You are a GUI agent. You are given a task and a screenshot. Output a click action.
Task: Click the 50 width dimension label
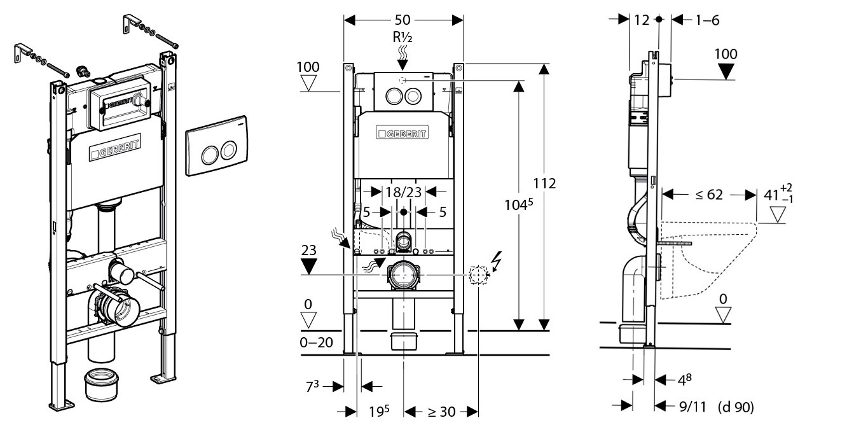[x=403, y=20]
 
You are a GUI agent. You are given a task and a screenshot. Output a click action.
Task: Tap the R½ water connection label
[x=403, y=37]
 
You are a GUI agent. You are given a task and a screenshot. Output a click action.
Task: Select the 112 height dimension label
[x=544, y=183]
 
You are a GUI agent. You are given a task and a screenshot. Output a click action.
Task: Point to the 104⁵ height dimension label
[x=519, y=204]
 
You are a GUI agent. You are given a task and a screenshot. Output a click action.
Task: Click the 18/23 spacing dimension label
[x=403, y=192]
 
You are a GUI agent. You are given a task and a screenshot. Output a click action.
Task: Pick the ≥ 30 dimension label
[x=441, y=412]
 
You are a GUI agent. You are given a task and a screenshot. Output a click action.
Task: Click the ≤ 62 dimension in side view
[x=709, y=195]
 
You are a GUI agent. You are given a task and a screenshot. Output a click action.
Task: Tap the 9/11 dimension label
[x=692, y=407]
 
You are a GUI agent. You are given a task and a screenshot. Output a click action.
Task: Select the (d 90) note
[x=736, y=407]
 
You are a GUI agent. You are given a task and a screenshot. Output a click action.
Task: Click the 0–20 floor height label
[x=316, y=342]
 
